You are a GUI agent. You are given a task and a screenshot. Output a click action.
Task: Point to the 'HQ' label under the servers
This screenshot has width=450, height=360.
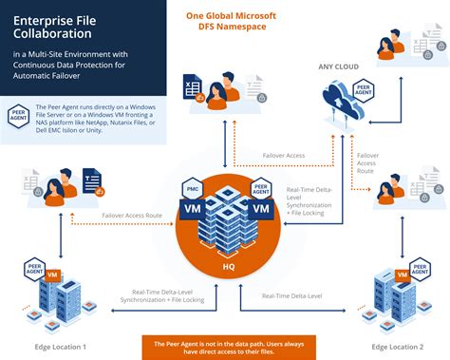coord(228,267)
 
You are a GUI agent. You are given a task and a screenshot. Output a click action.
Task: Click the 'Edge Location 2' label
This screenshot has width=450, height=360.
coord(396,346)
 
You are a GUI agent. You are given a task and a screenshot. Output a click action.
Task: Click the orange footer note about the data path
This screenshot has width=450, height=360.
coord(226,347)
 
